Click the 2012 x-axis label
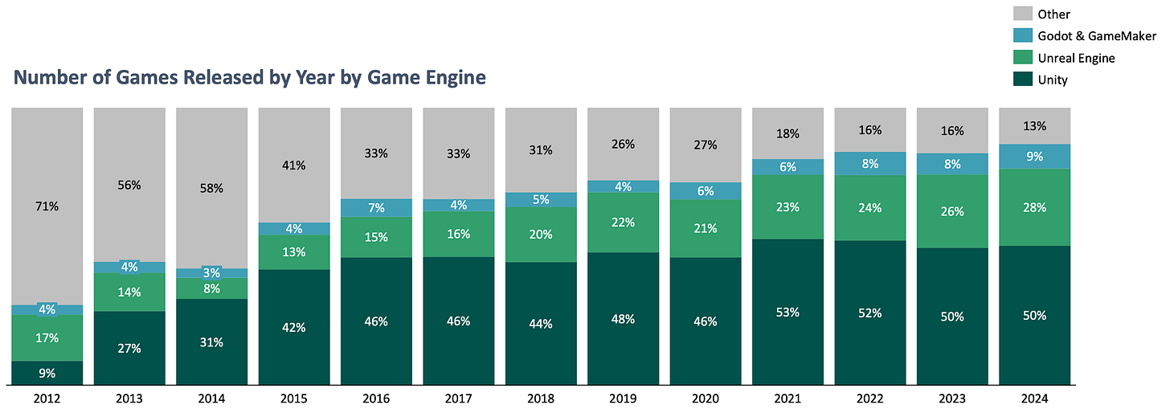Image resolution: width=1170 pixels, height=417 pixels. (47, 399)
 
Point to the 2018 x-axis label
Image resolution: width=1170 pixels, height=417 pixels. (540, 399)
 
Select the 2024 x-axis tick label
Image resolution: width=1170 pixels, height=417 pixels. (1034, 399)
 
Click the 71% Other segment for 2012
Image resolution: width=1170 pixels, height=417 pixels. (47, 206)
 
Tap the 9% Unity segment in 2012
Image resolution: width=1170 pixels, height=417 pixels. (47, 373)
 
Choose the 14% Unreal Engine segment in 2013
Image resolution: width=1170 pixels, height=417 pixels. (129, 292)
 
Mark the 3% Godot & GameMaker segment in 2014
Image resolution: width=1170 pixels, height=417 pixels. (211, 273)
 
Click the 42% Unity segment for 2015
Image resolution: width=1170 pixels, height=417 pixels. (293, 327)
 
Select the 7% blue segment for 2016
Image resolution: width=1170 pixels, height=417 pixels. (376, 207)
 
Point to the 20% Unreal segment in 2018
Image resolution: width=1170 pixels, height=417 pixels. (540, 235)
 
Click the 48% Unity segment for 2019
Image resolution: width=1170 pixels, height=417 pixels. (623, 319)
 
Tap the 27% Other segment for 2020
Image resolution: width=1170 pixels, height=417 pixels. (705, 145)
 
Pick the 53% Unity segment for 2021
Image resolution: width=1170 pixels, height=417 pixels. (787, 312)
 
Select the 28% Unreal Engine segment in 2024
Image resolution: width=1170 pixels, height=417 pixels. (1034, 207)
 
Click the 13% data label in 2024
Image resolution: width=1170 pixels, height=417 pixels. (1034, 126)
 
